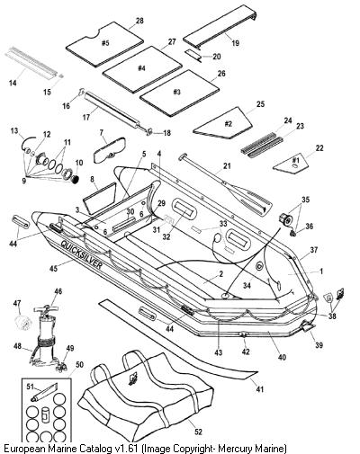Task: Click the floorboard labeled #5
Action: [x=104, y=44]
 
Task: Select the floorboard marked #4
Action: [x=142, y=69]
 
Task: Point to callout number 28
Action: [x=139, y=21]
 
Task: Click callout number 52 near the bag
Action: [x=198, y=432]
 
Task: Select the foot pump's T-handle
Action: [x=47, y=309]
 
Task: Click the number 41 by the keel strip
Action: [x=260, y=389]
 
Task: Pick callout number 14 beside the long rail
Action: [x=13, y=83]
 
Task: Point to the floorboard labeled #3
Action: [x=179, y=93]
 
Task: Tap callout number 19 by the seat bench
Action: [x=236, y=43]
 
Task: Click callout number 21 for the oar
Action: [x=227, y=165]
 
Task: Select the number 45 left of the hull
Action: [x=55, y=268]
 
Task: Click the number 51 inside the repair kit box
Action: [x=31, y=387]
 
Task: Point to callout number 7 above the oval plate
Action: [x=102, y=132]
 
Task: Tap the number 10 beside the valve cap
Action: [x=79, y=163]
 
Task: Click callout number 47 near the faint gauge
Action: [x=17, y=303]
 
